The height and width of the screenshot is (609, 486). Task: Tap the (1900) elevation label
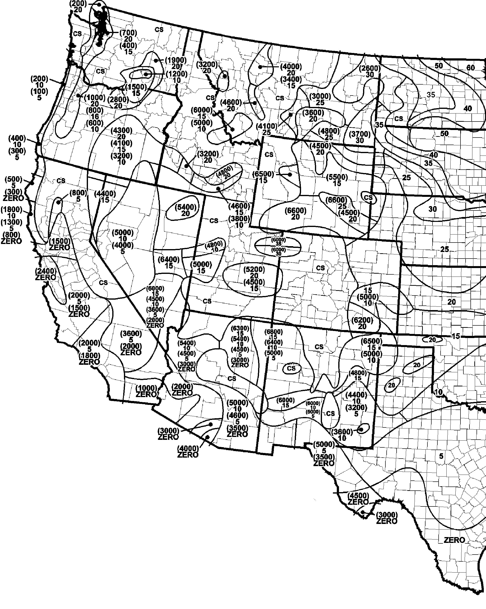coord(176,60)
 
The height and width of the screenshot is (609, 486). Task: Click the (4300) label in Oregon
coord(121,130)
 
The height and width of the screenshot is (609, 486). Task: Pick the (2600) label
coord(370,68)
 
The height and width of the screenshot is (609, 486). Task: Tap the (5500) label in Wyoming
coord(337,177)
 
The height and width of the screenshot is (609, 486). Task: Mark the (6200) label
coord(362,320)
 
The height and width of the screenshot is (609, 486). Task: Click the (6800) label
coord(273,332)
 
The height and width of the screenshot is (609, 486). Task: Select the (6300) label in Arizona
coord(240,328)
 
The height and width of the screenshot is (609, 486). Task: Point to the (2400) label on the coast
coord(45,271)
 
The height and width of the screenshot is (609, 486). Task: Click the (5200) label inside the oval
coord(254,270)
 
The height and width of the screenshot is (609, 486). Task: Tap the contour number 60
coord(470,68)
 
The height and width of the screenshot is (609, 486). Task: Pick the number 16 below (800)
coord(95,116)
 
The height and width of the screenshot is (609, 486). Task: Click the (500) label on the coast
coord(13,179)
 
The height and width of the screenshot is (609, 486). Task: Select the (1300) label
coord(11,222)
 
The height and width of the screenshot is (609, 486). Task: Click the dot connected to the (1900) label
coord(156,61)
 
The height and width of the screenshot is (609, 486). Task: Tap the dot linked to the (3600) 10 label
coord(361,430)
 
